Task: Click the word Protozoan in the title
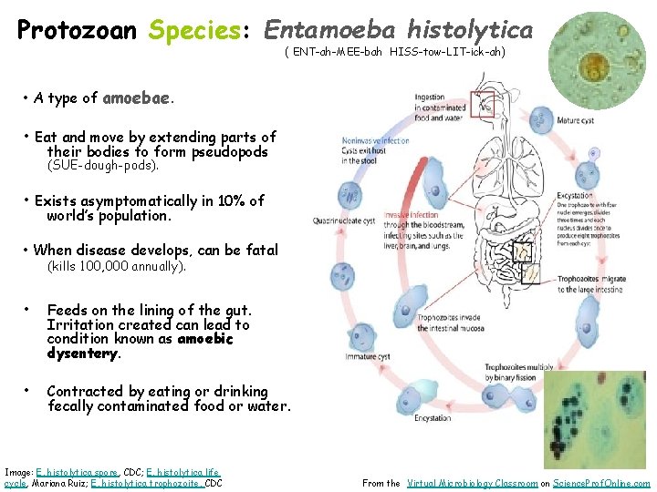tap(77, 30)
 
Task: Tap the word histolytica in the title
tap(470, 30)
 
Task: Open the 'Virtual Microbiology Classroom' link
tap(471, 484)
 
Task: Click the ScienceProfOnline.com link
tap(601, 484)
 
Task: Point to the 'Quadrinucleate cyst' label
tap(344, 220)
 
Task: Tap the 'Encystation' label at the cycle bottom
tap(432, 418)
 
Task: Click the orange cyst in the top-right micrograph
tap(600, 67)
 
